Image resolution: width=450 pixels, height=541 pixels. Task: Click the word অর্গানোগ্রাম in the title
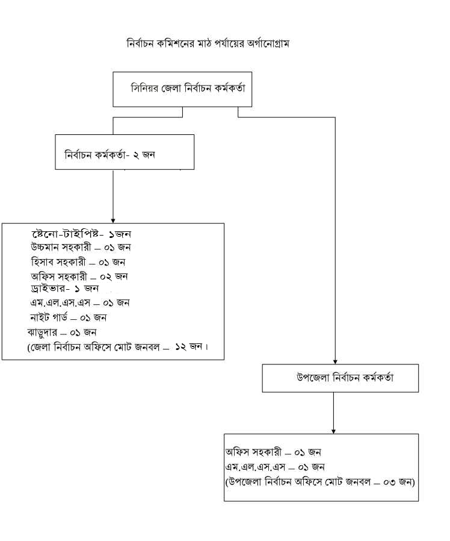point(265,44)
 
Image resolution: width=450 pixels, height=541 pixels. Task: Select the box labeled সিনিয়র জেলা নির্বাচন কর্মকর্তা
point(182,89)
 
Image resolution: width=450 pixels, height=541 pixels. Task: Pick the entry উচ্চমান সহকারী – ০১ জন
point(81,247)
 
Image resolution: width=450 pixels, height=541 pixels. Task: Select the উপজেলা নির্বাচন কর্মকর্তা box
point(341,378)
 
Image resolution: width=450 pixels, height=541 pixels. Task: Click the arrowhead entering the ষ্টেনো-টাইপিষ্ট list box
point(113,220)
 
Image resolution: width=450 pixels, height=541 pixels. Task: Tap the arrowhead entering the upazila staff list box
point(333,430)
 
